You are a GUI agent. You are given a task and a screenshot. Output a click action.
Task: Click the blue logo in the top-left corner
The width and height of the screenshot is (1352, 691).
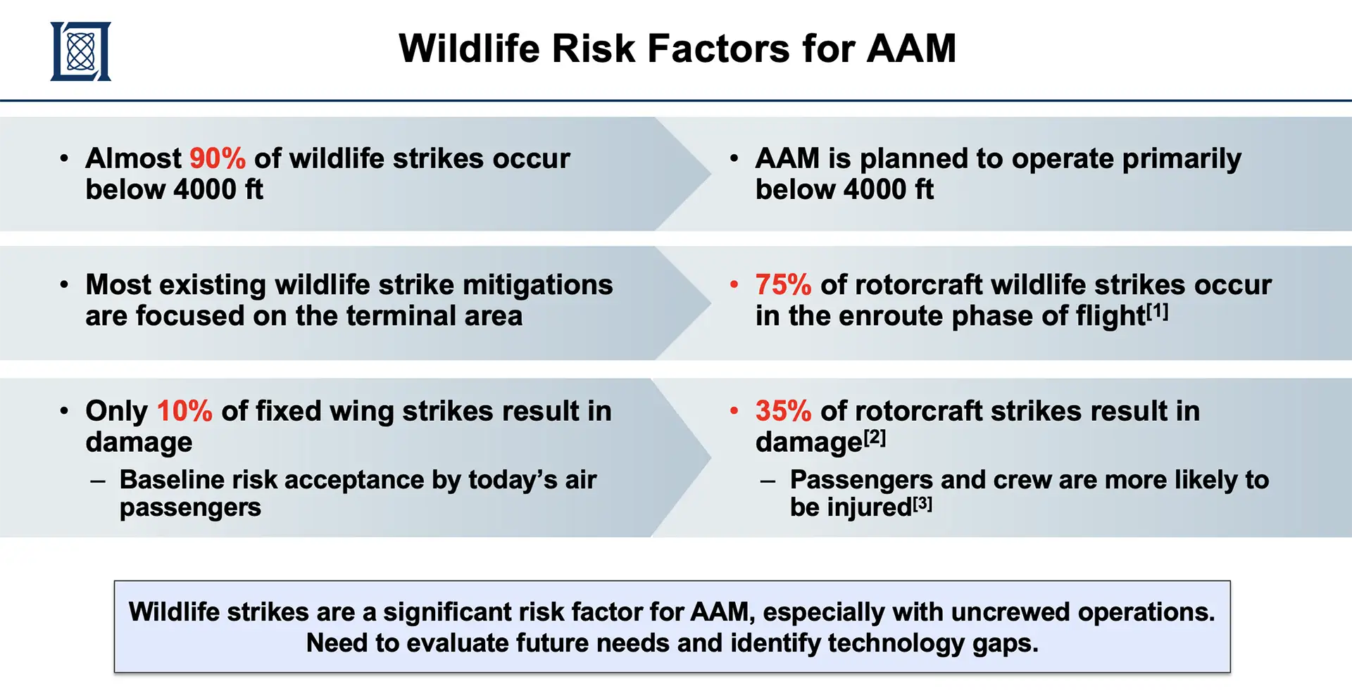click(x=80, y=51)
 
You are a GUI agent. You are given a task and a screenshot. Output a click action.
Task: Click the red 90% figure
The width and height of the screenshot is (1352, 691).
click(x=218, y=158)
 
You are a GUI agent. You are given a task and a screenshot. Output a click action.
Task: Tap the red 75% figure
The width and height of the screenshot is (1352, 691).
click(x=783, y=285)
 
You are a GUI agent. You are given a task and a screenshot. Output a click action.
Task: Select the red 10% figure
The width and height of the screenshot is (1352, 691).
click(x=184, y=411)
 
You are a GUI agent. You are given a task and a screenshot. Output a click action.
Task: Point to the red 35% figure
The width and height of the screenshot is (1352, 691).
click(x=783, y=411)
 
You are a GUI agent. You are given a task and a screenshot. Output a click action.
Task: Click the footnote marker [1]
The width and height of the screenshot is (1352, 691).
click(x=1158, y=311)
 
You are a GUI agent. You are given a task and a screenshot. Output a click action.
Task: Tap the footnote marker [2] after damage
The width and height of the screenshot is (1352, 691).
click(x=875, y=437)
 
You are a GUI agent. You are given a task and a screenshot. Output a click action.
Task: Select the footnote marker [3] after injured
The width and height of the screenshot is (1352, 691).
click(x=922, y=503)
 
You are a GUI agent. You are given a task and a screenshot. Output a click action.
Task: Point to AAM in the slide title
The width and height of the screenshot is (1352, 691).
click(x=911, y=49)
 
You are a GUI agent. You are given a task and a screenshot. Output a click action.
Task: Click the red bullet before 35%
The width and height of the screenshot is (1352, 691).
click(x=734, y=411)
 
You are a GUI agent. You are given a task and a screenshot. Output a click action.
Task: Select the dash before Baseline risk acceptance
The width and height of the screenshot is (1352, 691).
click(x=98, y=482)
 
